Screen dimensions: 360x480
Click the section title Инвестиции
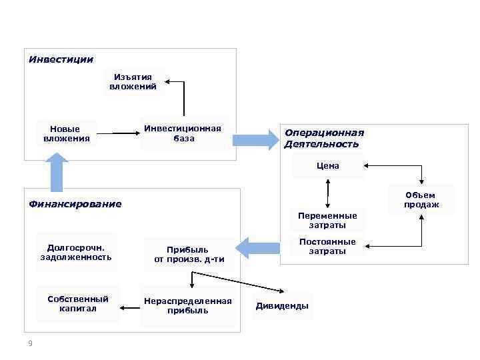61,59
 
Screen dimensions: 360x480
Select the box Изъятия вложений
133,82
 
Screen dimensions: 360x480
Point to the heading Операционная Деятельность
324,138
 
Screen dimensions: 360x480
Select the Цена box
328,166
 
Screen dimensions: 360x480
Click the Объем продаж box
421,200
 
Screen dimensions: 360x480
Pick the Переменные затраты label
327,221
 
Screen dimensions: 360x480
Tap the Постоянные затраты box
327,247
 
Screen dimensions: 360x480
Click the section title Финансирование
75,204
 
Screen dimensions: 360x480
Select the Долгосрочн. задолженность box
76,251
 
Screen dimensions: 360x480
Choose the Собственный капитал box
78,303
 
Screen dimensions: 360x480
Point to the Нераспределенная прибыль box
188,305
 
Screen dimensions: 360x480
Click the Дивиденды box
282,306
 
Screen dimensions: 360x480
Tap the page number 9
30,343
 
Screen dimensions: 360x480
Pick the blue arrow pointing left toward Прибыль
259,248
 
